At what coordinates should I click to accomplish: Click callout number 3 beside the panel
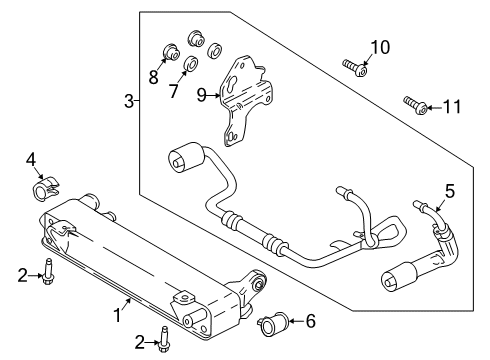point(129,100)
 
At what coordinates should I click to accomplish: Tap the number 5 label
point(450,190)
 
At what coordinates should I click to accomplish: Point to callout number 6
point(310,321)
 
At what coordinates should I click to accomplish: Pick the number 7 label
point(172,92)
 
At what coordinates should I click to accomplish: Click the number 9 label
point(201,96)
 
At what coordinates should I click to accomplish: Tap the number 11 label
point(453,105)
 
